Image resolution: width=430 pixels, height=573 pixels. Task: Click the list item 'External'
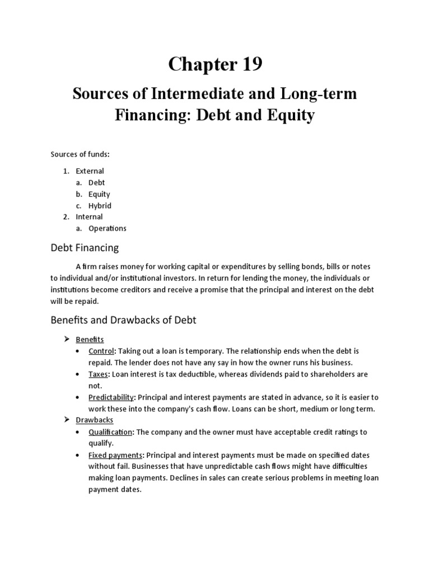click(90, 171)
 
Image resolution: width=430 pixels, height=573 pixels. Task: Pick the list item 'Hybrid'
click(100, 205)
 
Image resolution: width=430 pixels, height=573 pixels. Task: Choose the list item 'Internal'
click(89, 217)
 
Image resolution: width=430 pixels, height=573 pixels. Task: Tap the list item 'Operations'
click(107, 228)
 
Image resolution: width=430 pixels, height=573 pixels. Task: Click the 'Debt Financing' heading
click(85, 247)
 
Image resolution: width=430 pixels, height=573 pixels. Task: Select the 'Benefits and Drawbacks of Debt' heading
click(123, 320)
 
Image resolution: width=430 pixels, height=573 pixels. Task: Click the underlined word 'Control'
click(101, 351)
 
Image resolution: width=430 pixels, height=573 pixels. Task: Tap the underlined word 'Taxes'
click(99, 374)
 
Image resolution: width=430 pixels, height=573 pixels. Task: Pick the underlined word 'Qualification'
click(110, 432)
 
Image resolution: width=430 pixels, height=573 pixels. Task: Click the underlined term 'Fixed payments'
click(115, 455)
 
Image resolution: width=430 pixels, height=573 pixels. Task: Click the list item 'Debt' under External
click(96, 182)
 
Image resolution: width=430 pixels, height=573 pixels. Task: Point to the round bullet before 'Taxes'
click(77, 374)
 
